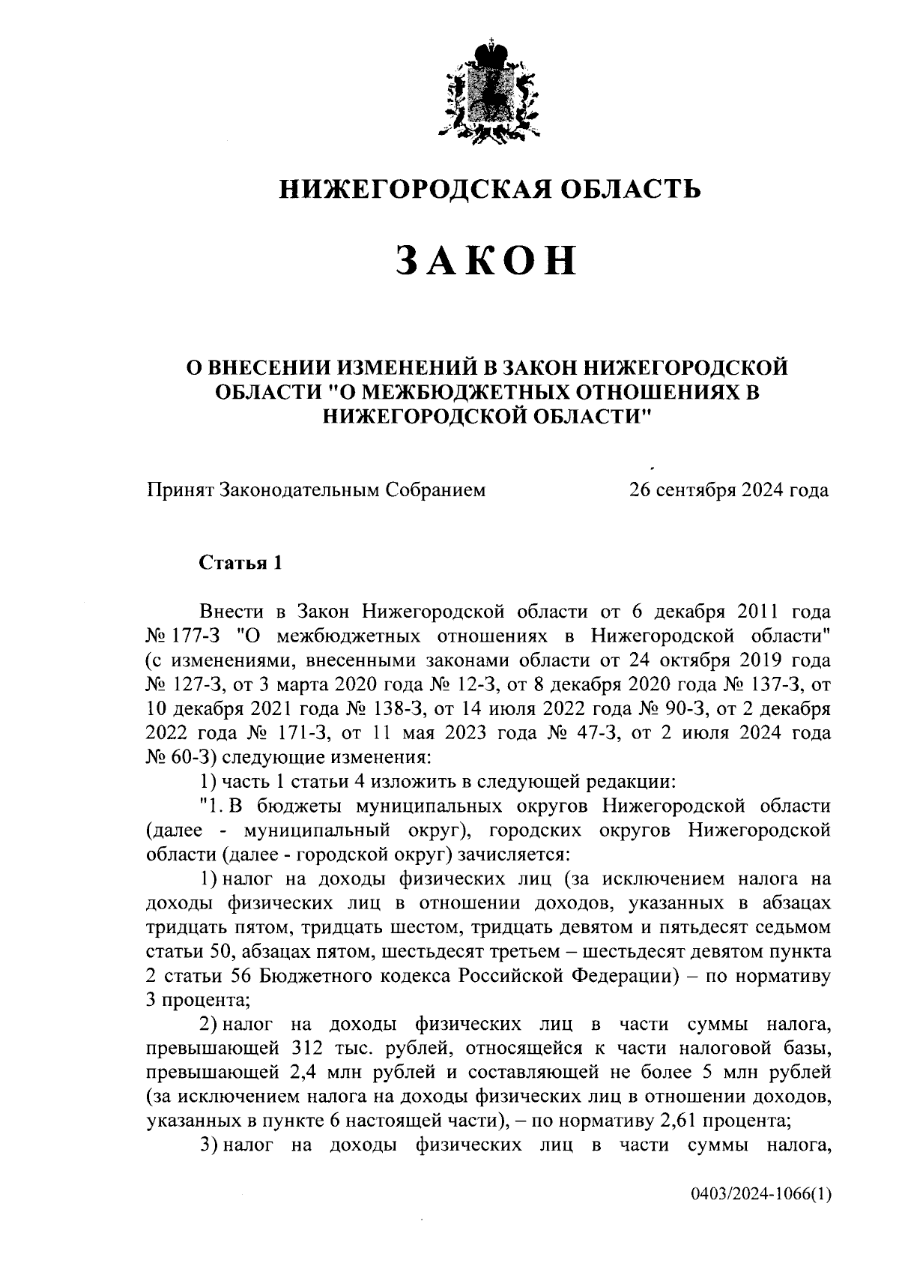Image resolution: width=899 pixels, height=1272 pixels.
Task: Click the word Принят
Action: pos(180,490)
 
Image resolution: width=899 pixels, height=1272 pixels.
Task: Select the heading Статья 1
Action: pos(240,562)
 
